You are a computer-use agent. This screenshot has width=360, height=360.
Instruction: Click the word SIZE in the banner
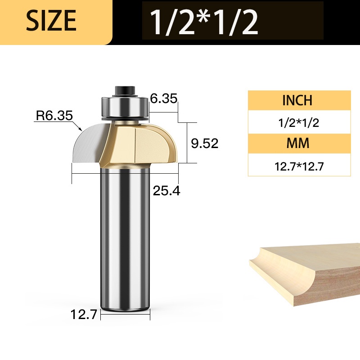coord(51,20)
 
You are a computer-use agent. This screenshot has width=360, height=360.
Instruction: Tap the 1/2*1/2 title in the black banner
coord(204,22)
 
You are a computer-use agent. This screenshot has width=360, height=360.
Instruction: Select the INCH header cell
coord(299,100)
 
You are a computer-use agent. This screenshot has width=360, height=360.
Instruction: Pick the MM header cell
coord(299,143)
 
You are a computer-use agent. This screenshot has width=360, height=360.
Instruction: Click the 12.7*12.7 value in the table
coord(299,166)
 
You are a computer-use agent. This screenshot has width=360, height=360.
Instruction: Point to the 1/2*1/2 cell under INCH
coord(299,123)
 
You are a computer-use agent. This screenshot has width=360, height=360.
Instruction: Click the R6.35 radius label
coord(54,116)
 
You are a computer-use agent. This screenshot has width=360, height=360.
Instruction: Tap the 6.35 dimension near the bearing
coord(164,98)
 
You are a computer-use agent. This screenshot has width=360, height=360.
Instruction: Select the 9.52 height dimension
coord(205,144)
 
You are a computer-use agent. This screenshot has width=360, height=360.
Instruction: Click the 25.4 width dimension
coord(166,190)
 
